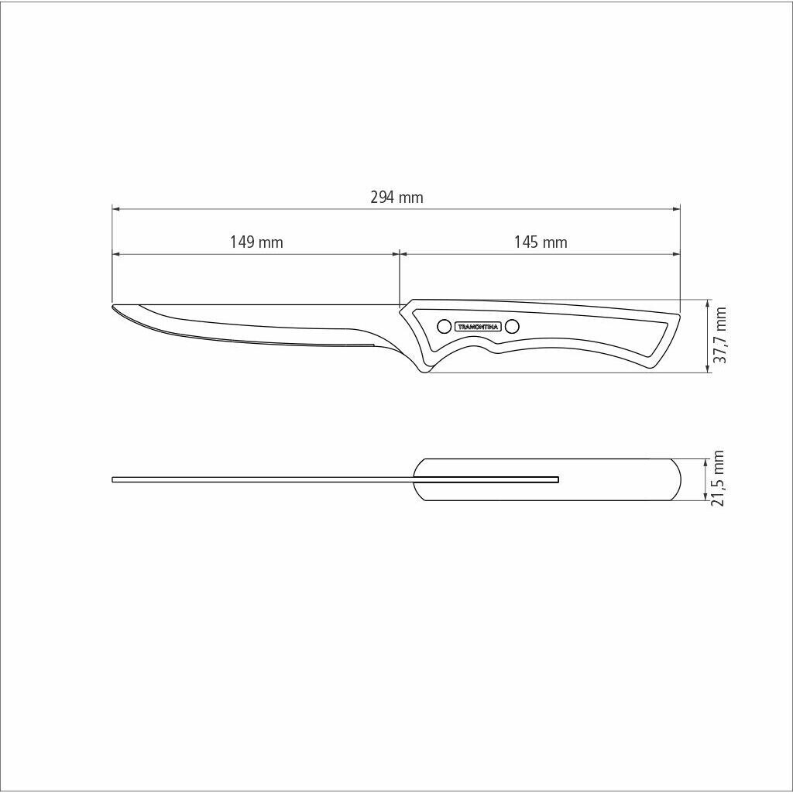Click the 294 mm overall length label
pyautogui.click(x=396, y=197)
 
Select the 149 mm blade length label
pyautogui.click(x=256, y=242)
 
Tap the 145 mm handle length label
pyautogui.click(x=541, y=242)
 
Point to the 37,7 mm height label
pyautogui.click(x=720, y=335)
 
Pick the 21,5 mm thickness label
pyautogui.click(x=718, y=479)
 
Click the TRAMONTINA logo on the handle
pyautogui.click(x=478, y=327)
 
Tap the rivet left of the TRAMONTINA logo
pyautogui.click(x=444, y=327)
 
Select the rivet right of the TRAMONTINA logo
pyautogui.click(x=512, y=327)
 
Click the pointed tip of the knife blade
pyautogui.click(x=112, y=305)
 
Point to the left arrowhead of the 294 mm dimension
pyautogui.click(x=116, y=208)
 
